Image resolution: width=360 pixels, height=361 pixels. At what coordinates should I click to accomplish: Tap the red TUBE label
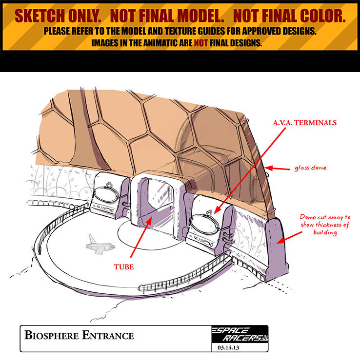125,267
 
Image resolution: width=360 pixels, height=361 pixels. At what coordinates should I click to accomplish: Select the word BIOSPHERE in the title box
55,336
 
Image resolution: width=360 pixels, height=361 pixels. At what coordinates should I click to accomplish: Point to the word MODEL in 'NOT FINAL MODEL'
195,16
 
